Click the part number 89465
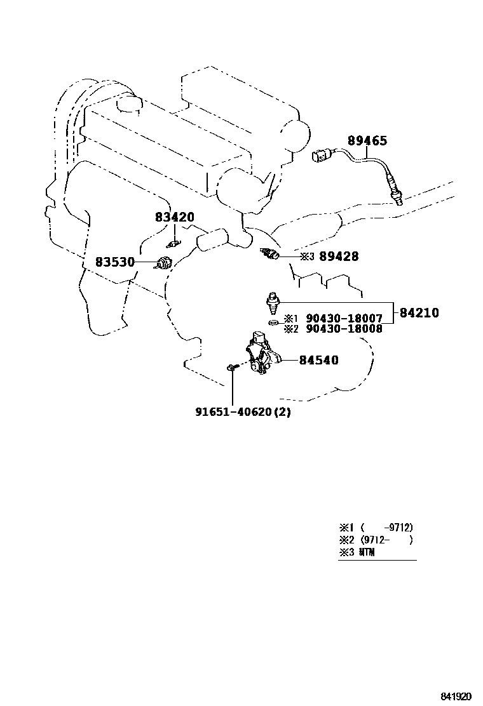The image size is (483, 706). coord(376,141)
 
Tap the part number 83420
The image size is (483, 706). coord(175,217)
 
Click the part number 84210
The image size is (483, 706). coord(419,312)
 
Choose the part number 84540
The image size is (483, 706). coord(319,361)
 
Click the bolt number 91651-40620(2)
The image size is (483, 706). coord(243,411)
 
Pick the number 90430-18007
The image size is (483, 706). coord(344,318)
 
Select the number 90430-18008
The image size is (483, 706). coord(344,329)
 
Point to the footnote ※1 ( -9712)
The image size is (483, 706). coord(376,528)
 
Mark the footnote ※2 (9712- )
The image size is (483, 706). coord(376,540)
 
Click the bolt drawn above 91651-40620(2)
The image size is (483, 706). coord(232,367)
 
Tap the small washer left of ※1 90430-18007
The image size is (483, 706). coord(272,323)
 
